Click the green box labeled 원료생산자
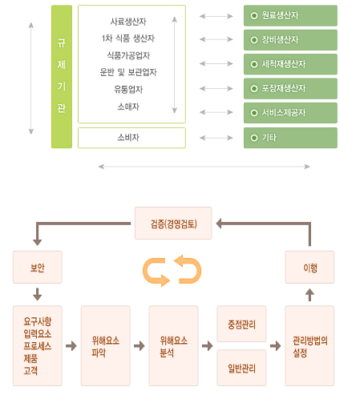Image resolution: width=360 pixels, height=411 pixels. (x=290, y=15)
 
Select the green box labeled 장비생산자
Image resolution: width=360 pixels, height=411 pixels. (x=290, y=40)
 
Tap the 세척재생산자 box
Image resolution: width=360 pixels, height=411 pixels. (x=290, y=64)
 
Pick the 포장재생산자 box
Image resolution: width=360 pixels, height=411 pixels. (x=290, y=88)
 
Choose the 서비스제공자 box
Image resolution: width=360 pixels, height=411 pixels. (x=290, y=113)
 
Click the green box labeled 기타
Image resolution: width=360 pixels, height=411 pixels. (x=290, y=138)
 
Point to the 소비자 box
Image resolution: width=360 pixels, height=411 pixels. (x=131, y=138)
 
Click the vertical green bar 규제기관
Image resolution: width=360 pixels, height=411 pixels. (x=62, y=77)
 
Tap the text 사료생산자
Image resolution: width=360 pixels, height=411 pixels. (x=128, y=22)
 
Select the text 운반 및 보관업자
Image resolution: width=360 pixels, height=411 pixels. (x=128, y=72)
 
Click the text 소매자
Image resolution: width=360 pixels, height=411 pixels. (x=128, y=107)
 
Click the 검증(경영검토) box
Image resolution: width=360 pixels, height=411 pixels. (x=173, y=223)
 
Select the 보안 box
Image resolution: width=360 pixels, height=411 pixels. (x=38, y=267)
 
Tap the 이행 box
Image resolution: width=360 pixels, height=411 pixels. (x=309, y=267)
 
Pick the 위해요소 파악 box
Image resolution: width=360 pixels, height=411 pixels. (x=106, y=346)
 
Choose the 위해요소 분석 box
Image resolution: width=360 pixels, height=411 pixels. (x=173, y=346)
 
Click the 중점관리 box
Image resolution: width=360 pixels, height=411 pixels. (x=241, y=324)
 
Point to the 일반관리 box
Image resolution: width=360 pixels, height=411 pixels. (x=241, y=368)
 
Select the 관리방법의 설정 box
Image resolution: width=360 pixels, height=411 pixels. (x=309, y=346)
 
